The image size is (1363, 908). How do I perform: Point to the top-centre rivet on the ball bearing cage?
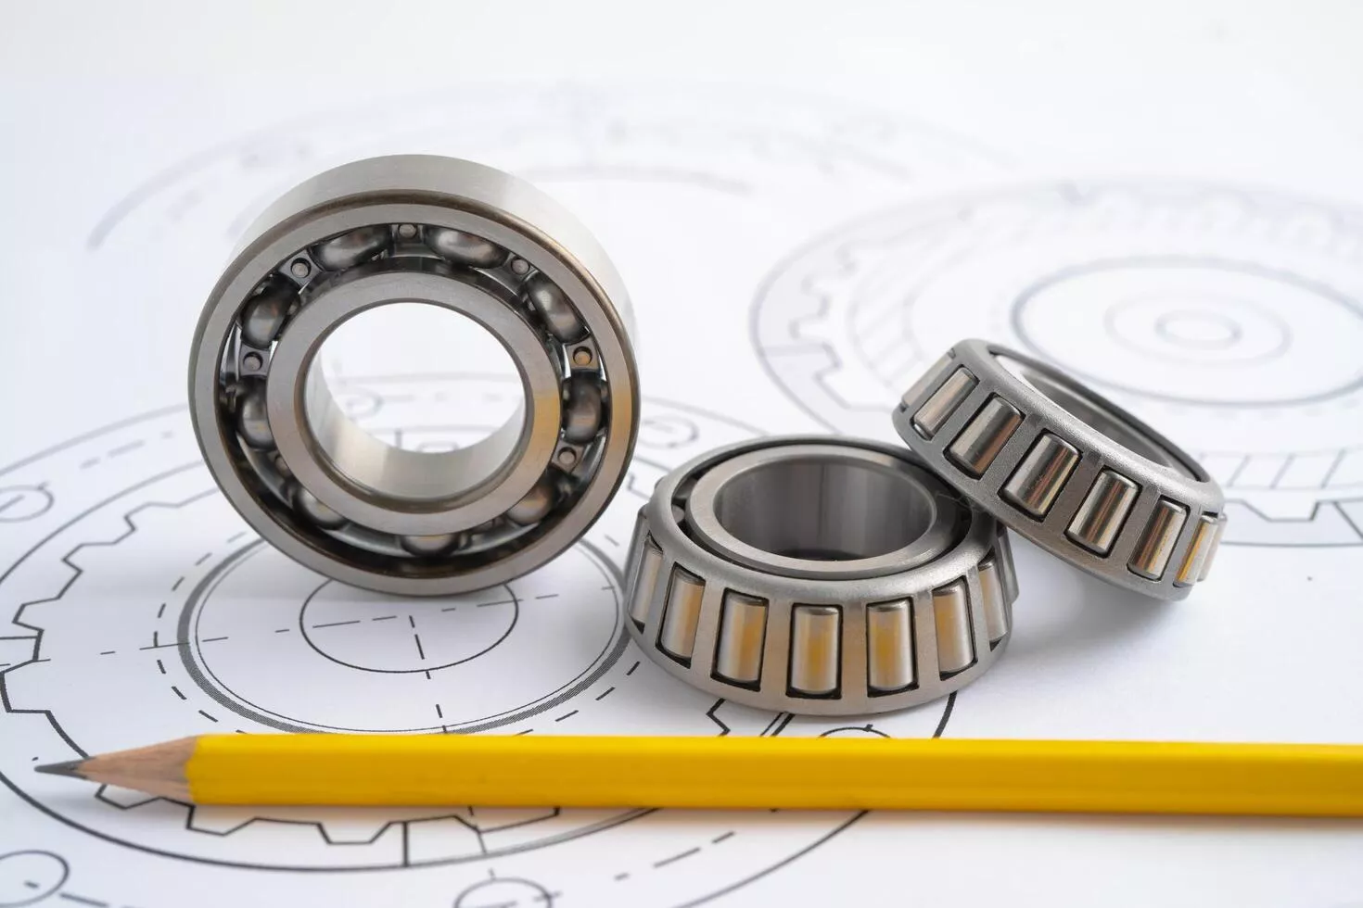(406, 230)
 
